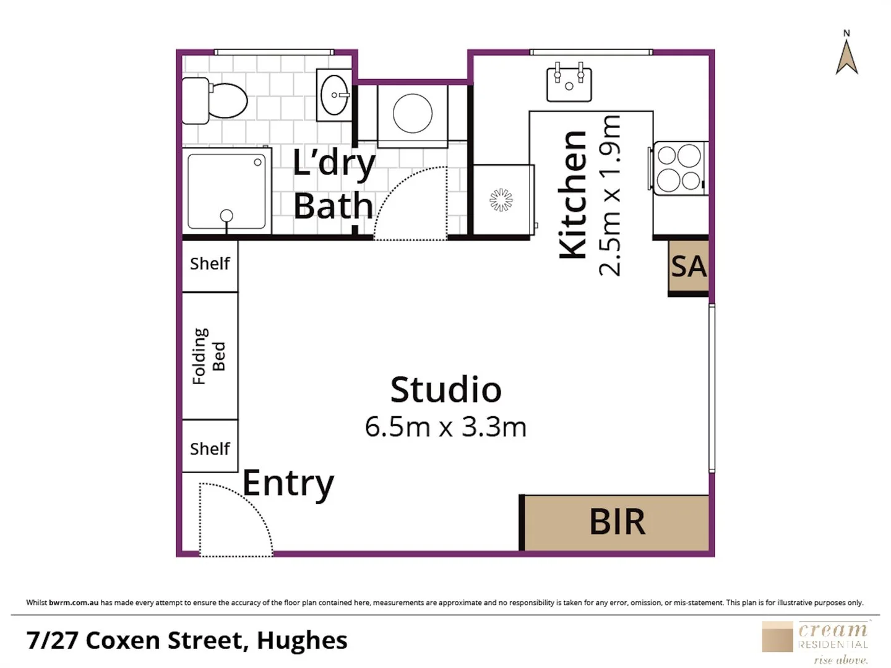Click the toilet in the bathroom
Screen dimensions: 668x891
pos(217,100)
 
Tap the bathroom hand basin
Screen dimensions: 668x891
pos(335,95)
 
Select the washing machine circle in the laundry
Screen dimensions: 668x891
pos(413,113)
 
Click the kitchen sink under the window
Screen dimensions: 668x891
pos(569,84)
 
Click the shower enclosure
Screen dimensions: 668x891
pos(226,191)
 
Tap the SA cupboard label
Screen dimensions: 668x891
pos(688,267)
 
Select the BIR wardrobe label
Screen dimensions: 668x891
pos(617,522)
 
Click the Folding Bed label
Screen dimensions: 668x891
pos(209,356)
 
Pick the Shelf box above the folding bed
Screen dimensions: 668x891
pos(210,264)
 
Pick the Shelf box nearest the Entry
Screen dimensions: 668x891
pos(210,448)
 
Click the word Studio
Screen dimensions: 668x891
pos(445,390)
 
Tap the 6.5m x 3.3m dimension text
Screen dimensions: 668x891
pos(445,427)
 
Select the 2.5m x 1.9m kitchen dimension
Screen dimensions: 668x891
pos(609,195)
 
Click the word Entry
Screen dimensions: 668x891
pos(288,483)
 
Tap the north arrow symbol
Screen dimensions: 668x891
pos(846,56)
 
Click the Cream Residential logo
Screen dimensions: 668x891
pos(817,641)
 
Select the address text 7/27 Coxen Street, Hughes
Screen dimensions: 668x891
pos(187,641)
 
